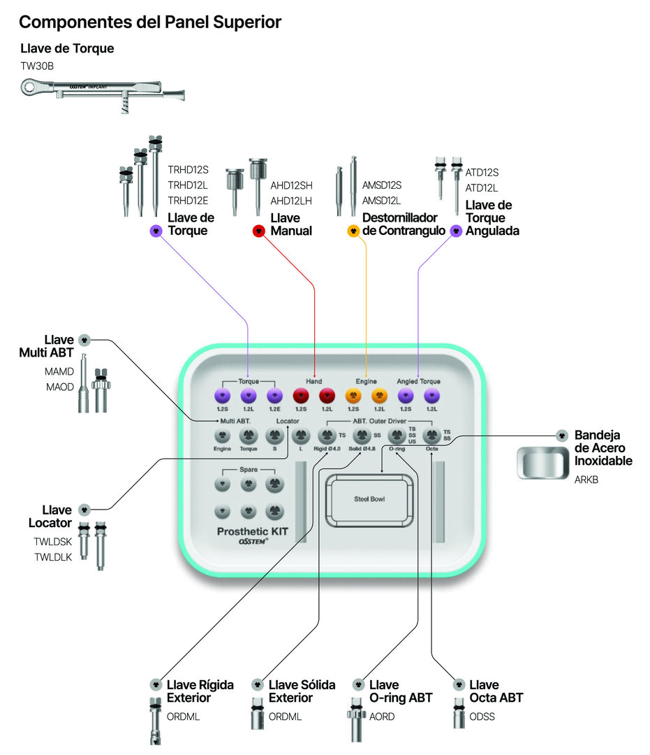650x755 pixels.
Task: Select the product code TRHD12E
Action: [x=188, y=201]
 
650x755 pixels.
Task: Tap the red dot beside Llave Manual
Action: [x=258, y=231]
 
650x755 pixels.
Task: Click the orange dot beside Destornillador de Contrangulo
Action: [x=353, y=231]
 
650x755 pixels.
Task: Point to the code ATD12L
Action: [x=482, y=187]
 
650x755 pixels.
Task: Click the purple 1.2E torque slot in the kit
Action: [x=274, y=396]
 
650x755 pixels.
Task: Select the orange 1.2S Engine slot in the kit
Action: [x=353, y=396]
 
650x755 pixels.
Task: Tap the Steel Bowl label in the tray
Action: [x=369, y=499]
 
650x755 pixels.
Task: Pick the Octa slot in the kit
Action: [x=431, y=437]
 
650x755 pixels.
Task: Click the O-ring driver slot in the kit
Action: [x=397, y=437]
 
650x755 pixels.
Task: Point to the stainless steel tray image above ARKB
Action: [x=543, y=463]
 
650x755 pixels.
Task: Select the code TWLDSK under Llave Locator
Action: [x=53, y=541]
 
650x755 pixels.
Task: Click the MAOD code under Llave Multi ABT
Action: [x=59, y=387]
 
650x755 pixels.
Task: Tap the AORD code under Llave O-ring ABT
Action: [x=382, y=717]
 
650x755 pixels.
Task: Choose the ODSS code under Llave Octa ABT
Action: [x=482, y=717]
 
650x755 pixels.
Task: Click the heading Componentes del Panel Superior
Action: [x=150, y=22]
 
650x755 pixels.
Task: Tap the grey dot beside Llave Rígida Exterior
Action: [x=156, y=684]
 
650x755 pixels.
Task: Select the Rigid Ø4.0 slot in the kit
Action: [x=326, y=437]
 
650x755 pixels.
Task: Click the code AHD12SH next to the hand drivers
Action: [x=291, y=185]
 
